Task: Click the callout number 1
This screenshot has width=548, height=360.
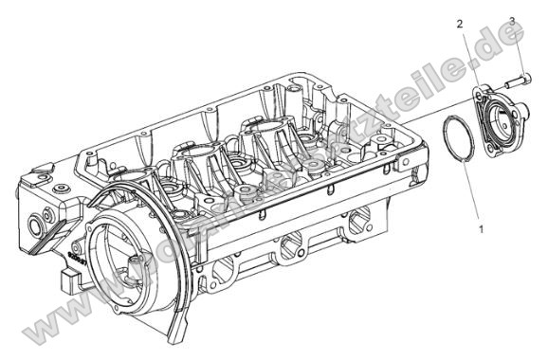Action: pos(482,228)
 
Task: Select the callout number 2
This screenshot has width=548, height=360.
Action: pos(459,23)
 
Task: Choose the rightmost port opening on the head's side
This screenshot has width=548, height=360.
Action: pos(356,224)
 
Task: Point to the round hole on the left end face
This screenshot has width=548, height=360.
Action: pos(41,225)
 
